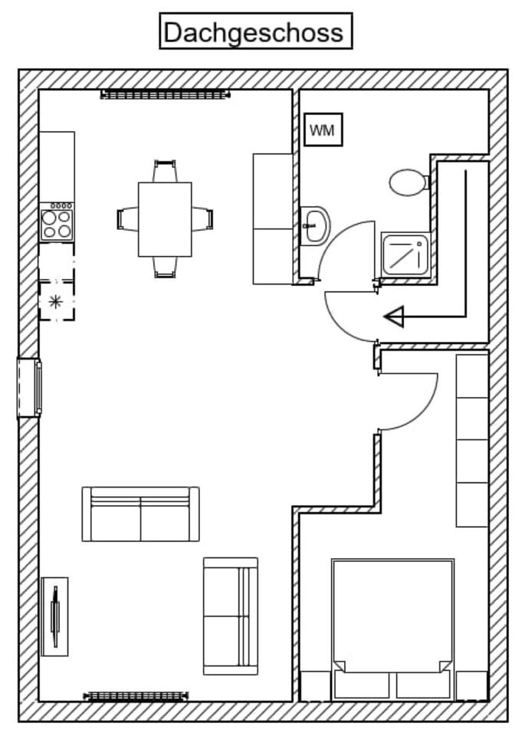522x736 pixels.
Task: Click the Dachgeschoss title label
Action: click(x=255, y=31)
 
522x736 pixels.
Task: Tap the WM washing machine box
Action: click(x=322, y=130)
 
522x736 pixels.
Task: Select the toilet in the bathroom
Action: click(x=407, y=182)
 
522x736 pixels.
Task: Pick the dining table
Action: click(x=165, y=219)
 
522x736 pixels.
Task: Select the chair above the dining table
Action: click(x=165, y=170)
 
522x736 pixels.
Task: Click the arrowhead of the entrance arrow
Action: click(x=393, y=316)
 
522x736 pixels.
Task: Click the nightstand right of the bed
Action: click(x=471, y=685)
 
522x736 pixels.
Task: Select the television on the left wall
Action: click(x=54, y=616)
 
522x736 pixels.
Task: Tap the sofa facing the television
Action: click(x=140, y=514)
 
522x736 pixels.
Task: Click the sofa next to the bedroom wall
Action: click(x=230, y=616)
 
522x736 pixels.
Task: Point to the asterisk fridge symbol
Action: click(x=56, y=301)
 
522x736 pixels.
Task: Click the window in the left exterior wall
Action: click(x=29, y=388)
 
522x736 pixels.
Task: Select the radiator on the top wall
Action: click(x=165, y=94)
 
